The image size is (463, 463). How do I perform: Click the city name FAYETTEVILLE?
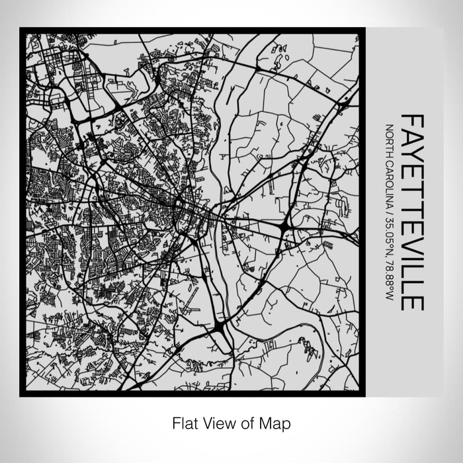pyautogui.click(x=412, y=212)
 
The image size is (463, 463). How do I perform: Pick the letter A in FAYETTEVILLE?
pyautogui.click(x=412, y=138)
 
